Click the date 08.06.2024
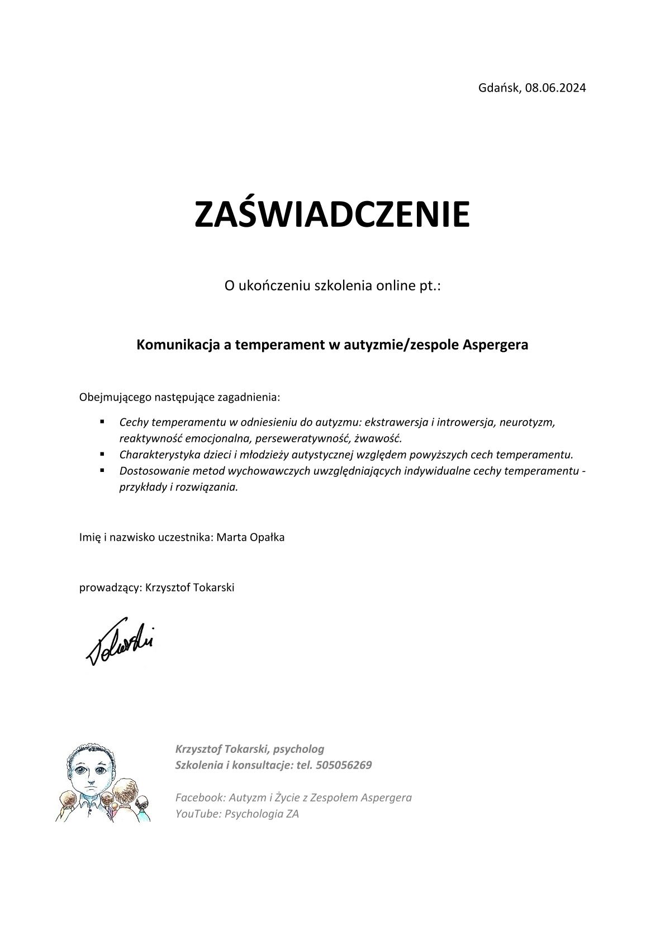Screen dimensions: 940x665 (x=555, y=88)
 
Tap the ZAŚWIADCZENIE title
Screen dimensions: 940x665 (x=332, y=214)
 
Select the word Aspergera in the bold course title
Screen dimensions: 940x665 (x=496, y=345)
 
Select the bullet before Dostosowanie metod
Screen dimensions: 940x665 (x=103, y=470)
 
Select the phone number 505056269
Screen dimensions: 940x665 (x=343, y=765)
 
